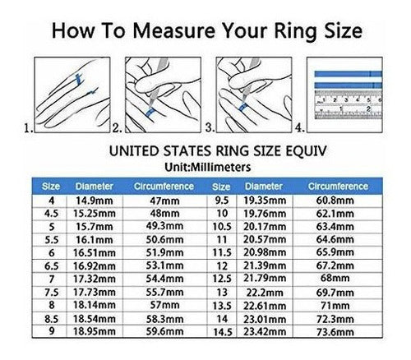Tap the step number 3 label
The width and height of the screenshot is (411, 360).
[x=210, y=127]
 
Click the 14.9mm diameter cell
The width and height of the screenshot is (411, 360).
[x=95, y=201]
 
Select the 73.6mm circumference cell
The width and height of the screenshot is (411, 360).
[x=335, y=332]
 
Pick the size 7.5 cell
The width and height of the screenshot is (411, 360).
[x=52, y=293]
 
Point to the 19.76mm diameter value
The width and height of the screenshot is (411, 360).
[x=265, y=214]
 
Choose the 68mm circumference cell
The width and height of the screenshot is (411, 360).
[x=335, y=279]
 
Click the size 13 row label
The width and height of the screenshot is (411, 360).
[x=222, y=293]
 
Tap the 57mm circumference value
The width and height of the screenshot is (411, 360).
[x=164, y=305]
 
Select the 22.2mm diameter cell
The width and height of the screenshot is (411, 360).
[x=265, y=293]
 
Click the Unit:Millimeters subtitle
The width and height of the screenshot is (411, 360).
[x=208, y=167]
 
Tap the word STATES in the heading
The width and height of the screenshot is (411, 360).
[x=187, y=151]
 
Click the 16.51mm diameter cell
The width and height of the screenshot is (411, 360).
[x=95, y=253]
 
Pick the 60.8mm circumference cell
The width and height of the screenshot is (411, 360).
[x=335, y=201]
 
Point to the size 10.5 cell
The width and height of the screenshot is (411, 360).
[x=222, y=227]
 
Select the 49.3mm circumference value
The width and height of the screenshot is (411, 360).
[x=164, y=226]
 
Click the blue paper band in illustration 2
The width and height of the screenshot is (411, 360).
[x=150, y=113]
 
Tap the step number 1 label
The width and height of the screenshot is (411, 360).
[x=29, y=128]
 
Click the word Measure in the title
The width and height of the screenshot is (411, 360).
[x=173, y=30]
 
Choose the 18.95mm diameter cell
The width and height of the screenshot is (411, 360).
[x=95, y=331]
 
